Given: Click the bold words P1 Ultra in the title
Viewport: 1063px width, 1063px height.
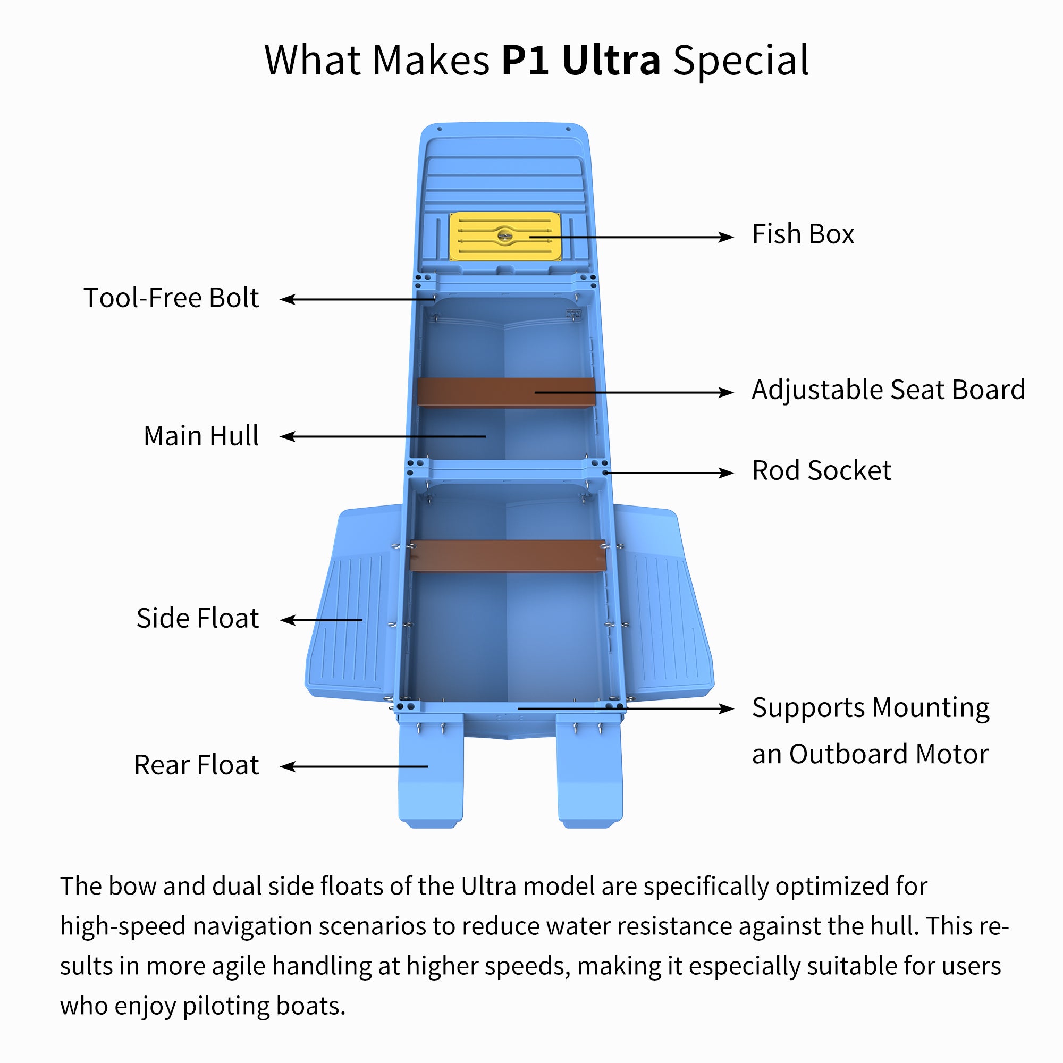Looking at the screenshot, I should (x=580, y=60).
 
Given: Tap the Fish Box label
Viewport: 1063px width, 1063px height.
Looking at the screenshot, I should (x=803, y=234).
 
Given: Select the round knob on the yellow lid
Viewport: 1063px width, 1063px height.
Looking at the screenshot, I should (x=504, y=235).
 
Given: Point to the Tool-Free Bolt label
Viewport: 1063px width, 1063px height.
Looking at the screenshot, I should (x=171, y=298).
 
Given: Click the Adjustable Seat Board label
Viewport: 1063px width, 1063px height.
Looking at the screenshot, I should (x=888, y=390).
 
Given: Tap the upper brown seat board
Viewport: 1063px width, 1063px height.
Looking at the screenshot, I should (x=473, y=392).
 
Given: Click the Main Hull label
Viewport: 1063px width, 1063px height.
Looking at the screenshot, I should (x=201, y=436).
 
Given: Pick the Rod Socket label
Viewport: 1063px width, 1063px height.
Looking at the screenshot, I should (x=821, y=471).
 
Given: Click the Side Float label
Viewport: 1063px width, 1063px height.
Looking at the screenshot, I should (x=198, y=619).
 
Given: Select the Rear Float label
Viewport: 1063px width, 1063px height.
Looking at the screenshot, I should (x=197, y=765).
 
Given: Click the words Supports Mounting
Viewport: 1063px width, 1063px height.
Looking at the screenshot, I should (x=871, y=708).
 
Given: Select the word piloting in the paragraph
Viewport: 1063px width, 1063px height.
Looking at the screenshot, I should (x=226, y=1006).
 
